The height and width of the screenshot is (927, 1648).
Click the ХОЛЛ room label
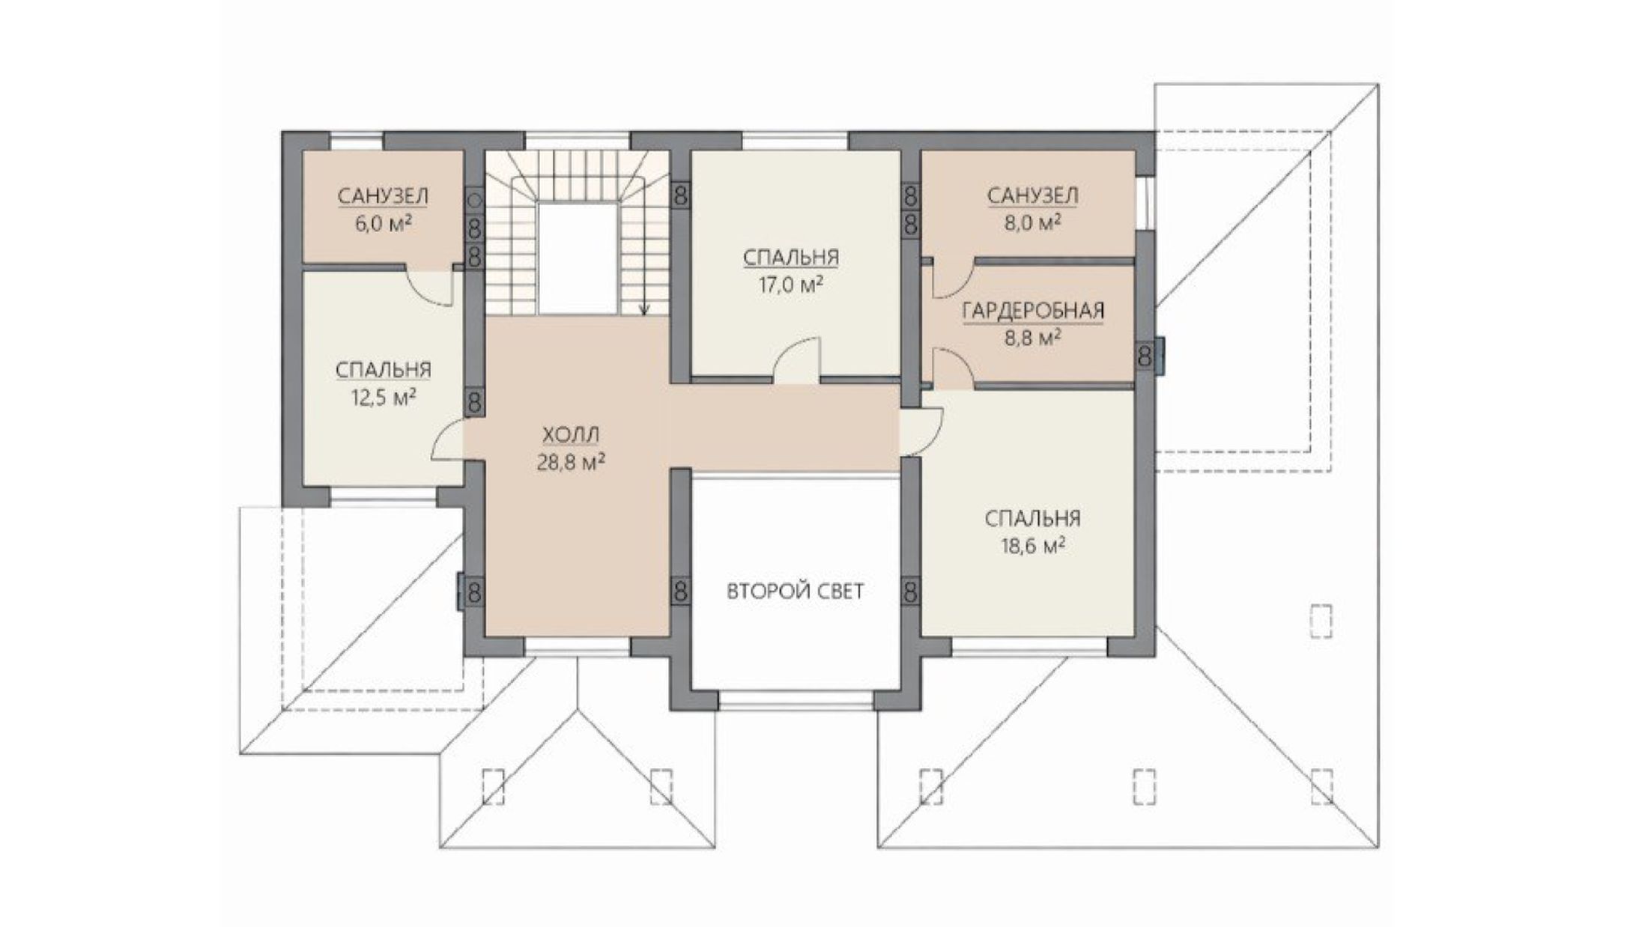[x=571, y=435]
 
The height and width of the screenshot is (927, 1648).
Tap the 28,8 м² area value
[x=571, y=462]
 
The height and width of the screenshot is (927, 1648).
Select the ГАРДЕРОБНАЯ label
[x=1033, y=310]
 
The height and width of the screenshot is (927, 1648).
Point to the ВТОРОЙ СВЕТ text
[x=795, y=592]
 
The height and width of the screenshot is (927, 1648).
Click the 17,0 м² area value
[x=791, y=285]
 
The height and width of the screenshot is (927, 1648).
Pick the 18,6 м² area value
[x=1033, y=546]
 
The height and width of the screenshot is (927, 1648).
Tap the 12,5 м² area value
[x=383, y=397]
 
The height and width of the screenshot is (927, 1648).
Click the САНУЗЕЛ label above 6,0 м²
[x=383, y=196]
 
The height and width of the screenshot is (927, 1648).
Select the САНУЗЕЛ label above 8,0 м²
[x=1032, y=196]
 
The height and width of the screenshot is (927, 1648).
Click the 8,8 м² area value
[x=1032, y=338]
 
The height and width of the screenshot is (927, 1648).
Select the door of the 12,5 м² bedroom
[x=448, y=439]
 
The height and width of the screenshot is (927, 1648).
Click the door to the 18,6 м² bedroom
[x=921, y=431]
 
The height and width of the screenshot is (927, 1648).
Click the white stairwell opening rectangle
[x=578, y=259]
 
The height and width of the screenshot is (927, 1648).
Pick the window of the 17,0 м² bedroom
[x=796, y=141]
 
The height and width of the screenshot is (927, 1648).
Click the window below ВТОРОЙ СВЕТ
[x=796, y=701]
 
